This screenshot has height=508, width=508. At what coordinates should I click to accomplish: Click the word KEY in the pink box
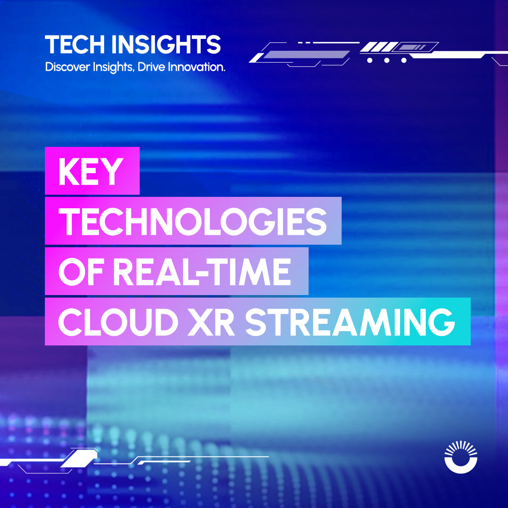[x=91, y=171]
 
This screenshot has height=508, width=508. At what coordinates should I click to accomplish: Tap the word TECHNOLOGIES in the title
[x=193, y=221]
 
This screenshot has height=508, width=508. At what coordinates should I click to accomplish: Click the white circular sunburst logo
[x=461, y=457]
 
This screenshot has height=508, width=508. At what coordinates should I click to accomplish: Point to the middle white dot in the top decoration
[x=387, y=61]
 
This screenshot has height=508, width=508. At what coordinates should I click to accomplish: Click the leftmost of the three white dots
[x=370, y=61]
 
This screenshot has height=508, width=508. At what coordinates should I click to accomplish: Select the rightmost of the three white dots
[x=404, y=61]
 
